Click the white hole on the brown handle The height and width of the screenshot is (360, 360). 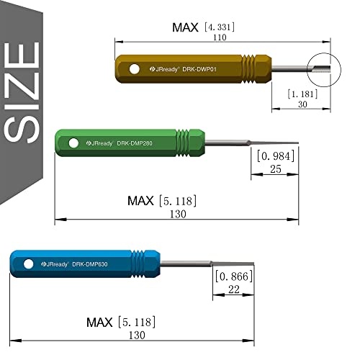click(x=134, y=69)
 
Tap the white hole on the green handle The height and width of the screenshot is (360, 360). click(x=73, y=143)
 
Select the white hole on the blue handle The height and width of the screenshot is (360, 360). click(x=28, y=264)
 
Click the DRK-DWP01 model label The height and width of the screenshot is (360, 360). click(x=199, y=69)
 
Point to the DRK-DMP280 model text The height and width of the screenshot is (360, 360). click(x=135, y=143)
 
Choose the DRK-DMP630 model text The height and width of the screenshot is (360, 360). click(x=90, y=264)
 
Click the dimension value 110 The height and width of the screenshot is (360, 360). click(x=220, y=37)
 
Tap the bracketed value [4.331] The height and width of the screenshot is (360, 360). click(x=220, y=27)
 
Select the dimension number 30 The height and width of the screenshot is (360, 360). click(x=302, y=104)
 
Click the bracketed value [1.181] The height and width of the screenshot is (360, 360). click(x=302, y=94)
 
